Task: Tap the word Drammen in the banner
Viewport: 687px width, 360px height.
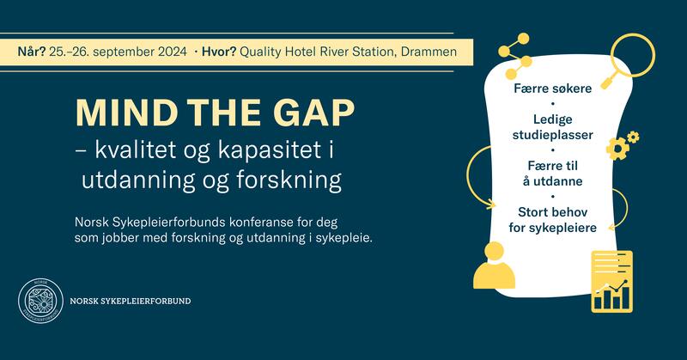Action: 435,52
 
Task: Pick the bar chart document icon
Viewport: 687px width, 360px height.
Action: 611,282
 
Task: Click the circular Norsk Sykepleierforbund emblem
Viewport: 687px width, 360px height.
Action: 40,302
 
